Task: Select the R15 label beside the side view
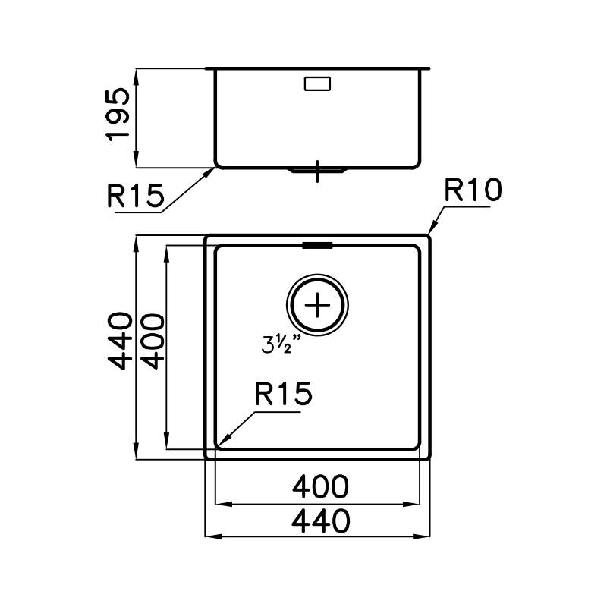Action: click(x=136, y=197)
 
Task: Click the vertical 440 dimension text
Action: click(x=121, y=340)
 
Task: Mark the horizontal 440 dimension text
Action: click(x=319, y=521)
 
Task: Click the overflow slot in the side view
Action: click(x=317, y=83)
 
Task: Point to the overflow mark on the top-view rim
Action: click(x=317, y=245)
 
